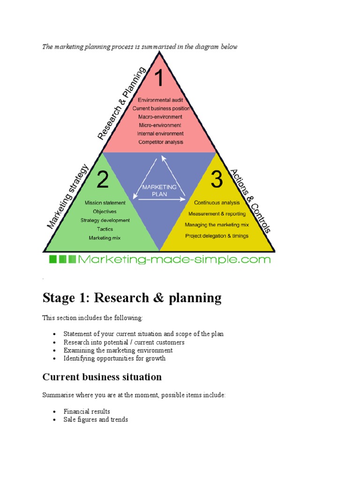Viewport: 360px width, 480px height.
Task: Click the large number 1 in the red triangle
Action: pyautogui.click(x=159, y=78)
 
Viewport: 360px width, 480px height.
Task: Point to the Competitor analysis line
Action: pyautogui.click(x=161, y=142)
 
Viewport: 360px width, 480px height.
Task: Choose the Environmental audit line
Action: pyautogui.click(x=161, y=100)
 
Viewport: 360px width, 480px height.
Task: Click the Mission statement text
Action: pyautogui.click(x=105, y=203)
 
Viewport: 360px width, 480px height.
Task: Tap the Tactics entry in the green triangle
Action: pyautogui.click(x=105, y=229)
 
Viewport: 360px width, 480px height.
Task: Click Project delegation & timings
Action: pyautogui.click(x=217, y=236)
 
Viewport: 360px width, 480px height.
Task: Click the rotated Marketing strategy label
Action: pyautogui.click(x=67, y=196)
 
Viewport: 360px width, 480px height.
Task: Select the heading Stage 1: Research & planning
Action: pyautogui.click(x=132, y=298)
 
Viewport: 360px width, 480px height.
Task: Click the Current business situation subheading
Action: pyautogui.click(x=102, y=377)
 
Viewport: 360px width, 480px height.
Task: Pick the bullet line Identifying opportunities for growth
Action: pyautogui.click(x=114, y=359)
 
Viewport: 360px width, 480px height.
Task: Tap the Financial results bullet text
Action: pyautogui.click(x=87, y=412)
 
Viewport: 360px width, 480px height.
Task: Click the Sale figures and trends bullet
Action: pyautogui.click(x=96, y=420)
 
